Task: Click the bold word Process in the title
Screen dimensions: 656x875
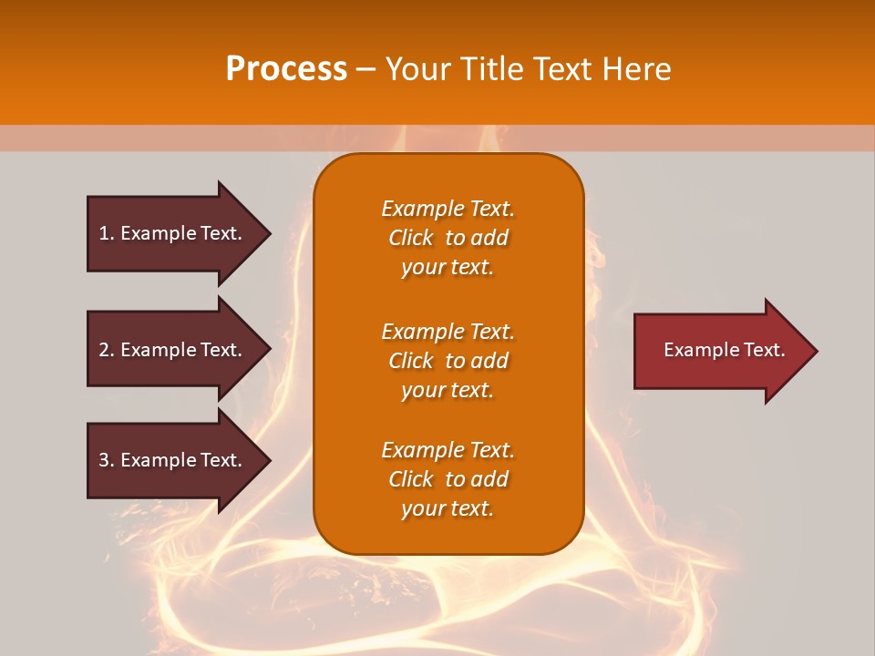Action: tap(286, 69)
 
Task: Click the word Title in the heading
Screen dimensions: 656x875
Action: tap(492, 69)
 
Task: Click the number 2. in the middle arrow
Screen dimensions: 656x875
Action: tap(106, 350)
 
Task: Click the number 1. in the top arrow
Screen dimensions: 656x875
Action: tap(106, 233)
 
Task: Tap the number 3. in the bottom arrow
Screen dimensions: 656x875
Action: tap(106, 460)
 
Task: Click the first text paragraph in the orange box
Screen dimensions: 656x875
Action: tap(448, 238)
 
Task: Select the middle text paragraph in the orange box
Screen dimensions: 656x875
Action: tap(448, 361)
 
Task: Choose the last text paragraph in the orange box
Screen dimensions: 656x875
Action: tap(448, 479)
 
